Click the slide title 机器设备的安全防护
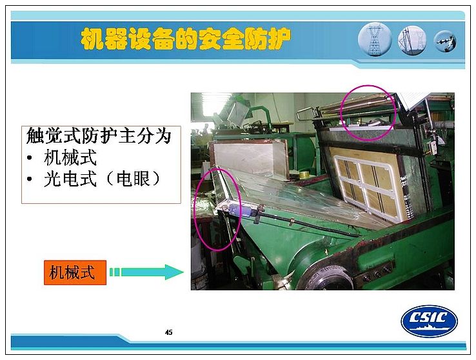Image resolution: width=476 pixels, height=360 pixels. click(186, 39)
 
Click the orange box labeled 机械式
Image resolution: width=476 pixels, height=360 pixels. click(75, 272)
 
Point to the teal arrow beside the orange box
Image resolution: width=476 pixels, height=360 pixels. click(146, 272)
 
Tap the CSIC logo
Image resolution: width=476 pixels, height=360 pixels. click(430, 321)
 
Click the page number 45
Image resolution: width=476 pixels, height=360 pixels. click(169, 332)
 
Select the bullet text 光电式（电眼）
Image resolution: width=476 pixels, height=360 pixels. click(102, 179)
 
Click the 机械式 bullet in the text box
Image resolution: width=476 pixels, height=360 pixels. click(70, 157)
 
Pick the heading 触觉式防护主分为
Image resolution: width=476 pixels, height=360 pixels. click(99, 135)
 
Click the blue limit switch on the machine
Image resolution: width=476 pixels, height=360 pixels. click(237, 210)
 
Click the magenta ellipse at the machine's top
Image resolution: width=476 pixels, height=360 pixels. click(368, 113)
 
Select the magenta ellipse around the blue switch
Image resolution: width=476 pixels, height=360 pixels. click(217, 209)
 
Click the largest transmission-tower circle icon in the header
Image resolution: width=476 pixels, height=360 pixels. click(375, 39)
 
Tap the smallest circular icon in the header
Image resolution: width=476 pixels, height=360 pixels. click(445, 41)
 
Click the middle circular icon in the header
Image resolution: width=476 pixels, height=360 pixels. click(412, 40)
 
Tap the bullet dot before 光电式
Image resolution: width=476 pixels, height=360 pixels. click(30, 179)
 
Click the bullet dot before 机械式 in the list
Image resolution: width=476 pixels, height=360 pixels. click(30, 157)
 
